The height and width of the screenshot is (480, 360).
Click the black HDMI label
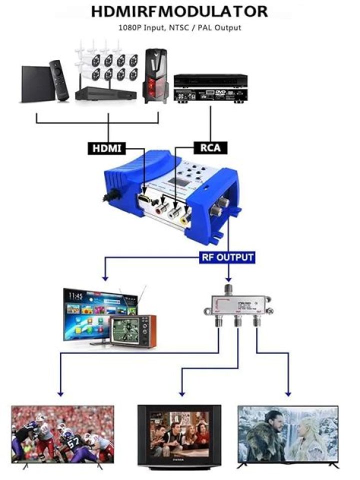click(x=107, y=148)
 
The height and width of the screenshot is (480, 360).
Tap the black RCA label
click(x=210, y=147)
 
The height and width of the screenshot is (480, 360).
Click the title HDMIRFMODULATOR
click(x=179, y=11)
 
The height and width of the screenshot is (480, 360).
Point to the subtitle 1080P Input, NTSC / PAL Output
click(x=179, y=28)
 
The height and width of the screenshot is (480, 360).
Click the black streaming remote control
click(x=59, y=80)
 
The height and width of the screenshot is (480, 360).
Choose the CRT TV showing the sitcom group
click(x=179, y=431)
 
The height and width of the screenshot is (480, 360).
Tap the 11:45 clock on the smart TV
click(x=76, y=296)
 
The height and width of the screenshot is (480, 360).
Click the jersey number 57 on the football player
click(x=73, y=442)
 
